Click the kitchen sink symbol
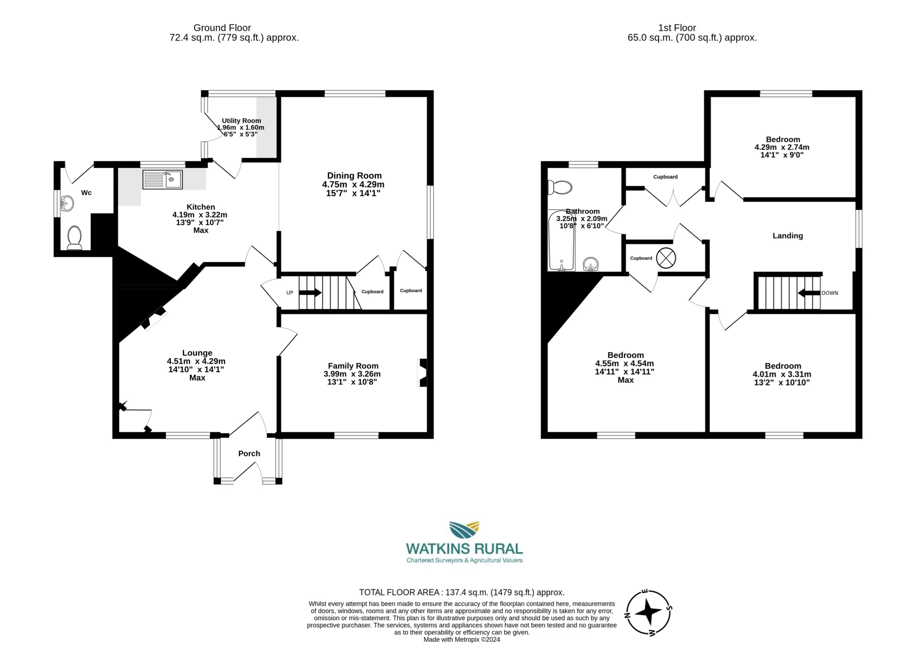pyautogui.click(x=162, y=180)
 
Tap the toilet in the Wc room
pyautogui.click(x=74, y=237)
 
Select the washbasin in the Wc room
pyautogui.click(x=67, y=203)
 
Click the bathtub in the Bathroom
pyautogui.click(x=561, y=240)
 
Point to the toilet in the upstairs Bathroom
pyautogui.click(x=560, y=187)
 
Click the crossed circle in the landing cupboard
pyautogui.click(x=666, y=258)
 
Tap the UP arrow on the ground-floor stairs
pyautogui.click(x=310, y=292)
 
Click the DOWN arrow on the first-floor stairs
pyautogui.click(x=809, y=293)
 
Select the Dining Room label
pyautogui.click(x=354, y=176)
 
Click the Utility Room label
pyautogui.click(x=241, y=121)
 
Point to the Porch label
pyautogui.click(x=249, y=454)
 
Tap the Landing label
pyautogui.click(x=788, y=236)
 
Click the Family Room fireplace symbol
pyautogui.click(x=422, y=372)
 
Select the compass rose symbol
pyautogui.click(x=648, y=613)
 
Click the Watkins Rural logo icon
pyautogui.click(x=464, y=530)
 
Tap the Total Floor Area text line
pyautogui.click(x=461, y=593)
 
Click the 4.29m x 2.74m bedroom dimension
pyautogui.click(x=781, y=147)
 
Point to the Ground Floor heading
pyautogui.click(x=222, y=28)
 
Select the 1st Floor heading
pyautogui.click(x=677, y=28)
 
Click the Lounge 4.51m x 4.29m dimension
pyautogui.click(x=196, y=361)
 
